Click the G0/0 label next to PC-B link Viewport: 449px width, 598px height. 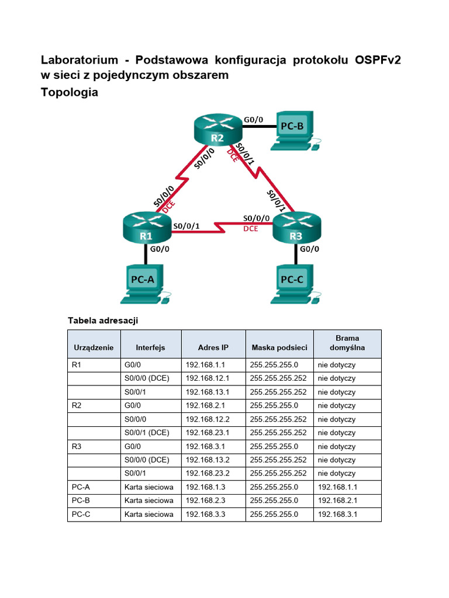click(x=254, y=120)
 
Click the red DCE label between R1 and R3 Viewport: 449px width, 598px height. click(x=250, y=230)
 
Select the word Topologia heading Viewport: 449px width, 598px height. click(x=70, y=92)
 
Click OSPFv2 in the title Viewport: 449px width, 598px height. click(x=378, y=60)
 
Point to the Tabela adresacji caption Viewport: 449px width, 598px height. click(x=103, y=320)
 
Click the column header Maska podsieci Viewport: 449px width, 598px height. click(x=279, y=347)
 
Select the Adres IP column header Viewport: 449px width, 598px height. click(x=213, y=347)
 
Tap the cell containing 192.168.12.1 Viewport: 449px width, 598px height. click(x=208, y=378)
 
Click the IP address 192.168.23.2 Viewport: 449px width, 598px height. click(x=208, y=474)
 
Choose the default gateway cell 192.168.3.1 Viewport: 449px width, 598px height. click(x=337, y=514)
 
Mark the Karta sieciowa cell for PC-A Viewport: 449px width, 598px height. click(x=148, y=487)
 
